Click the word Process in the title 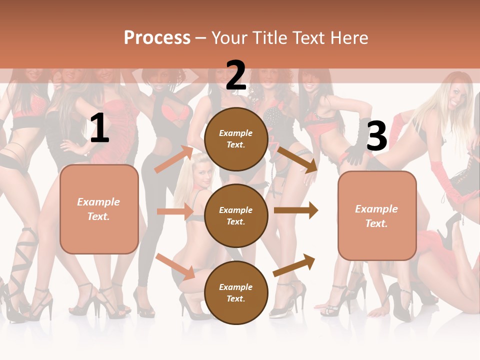[x=157, y=37]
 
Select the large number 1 [x=99, y=129]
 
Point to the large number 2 [x=236, y=75]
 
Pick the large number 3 [x=376, y=136]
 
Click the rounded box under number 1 [x=99, y=209]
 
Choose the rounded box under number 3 [x=376, y=216]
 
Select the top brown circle [x=236, y=139]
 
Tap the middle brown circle [x=236, y=215]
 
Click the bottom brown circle [x=236, y=292]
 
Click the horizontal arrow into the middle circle [x=175, y=211]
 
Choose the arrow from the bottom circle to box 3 [x=294, y=265]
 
